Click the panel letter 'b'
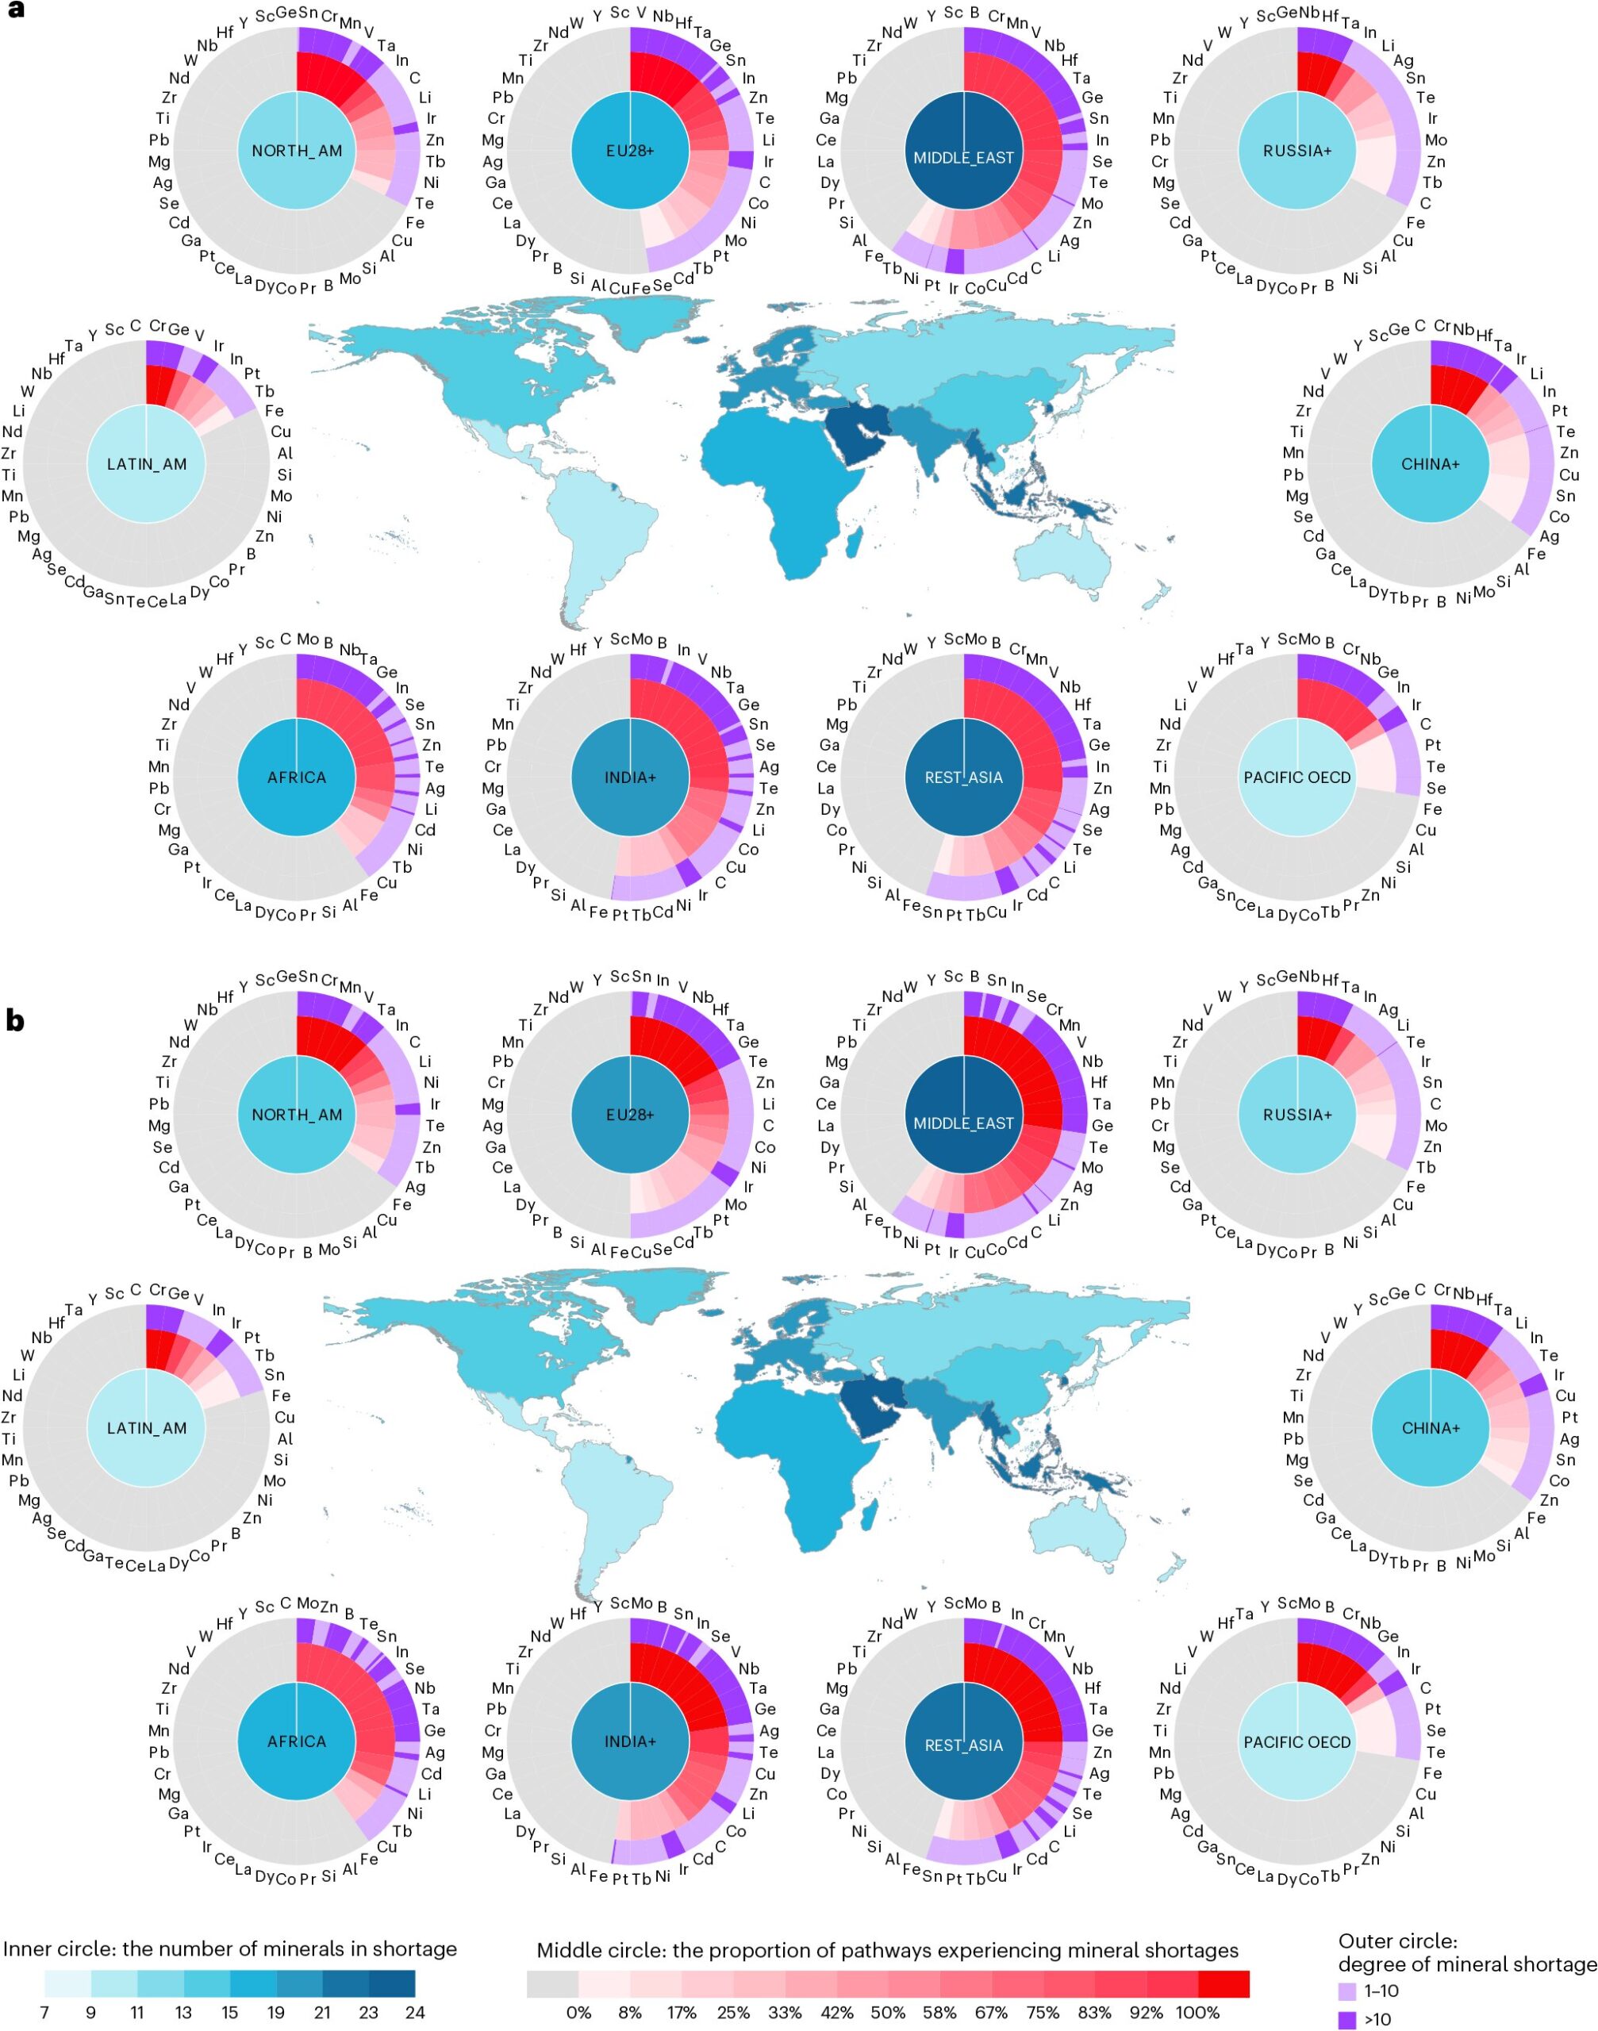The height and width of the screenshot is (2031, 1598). pos(15,1019)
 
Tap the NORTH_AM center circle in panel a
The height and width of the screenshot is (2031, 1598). pos(297,151)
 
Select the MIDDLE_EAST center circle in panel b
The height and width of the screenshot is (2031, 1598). pos(964,1123)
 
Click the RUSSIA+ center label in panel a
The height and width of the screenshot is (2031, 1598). pos(1296,151)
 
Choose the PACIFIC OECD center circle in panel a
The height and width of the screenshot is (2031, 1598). pos(1296,777)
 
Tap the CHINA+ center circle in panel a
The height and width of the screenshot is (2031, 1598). pos(1431,464)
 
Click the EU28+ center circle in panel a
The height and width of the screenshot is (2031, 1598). pos(630,151)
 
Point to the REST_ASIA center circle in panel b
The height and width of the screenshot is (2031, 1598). pos(964,1745)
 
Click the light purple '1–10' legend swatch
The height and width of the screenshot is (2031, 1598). pos(1347,1991)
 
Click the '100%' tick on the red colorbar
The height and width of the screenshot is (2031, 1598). pos(1197,2012)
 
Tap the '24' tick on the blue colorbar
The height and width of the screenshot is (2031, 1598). pos(414,2012)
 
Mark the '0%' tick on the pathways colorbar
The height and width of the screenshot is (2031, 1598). pos(578,2012)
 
